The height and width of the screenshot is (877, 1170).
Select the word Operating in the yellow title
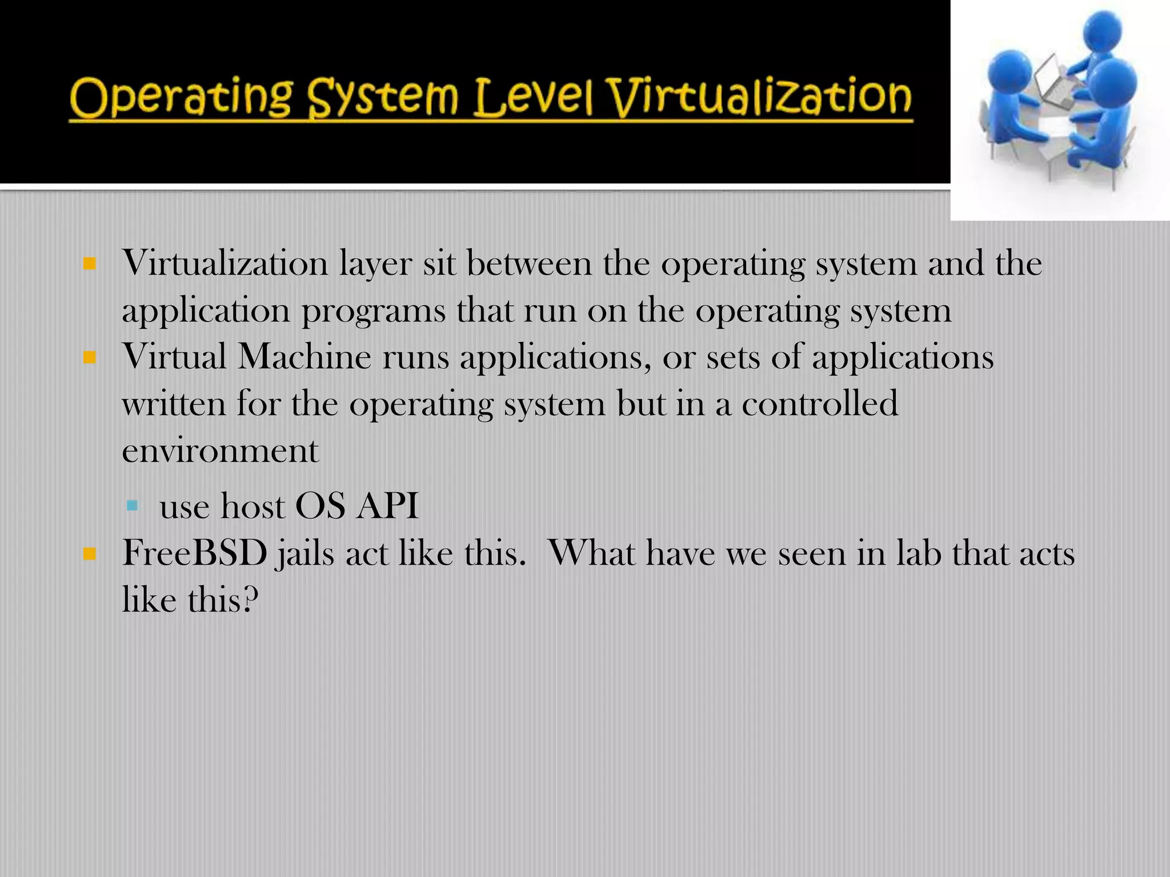181,98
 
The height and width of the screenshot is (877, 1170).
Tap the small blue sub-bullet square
133,505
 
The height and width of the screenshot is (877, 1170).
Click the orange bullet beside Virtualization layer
89,264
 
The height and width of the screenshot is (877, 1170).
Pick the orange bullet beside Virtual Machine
89,358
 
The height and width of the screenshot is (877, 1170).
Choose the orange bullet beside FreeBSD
89,553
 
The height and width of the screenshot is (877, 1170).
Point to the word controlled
820,404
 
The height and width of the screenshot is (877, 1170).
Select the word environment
220,451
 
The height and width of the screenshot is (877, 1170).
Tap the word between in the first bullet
529,264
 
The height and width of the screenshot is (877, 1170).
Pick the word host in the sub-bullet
253,506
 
